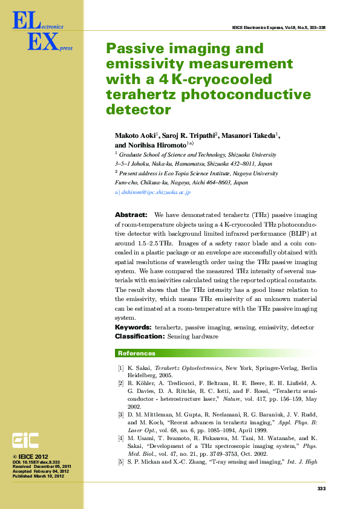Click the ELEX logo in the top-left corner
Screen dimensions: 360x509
click(37, 33)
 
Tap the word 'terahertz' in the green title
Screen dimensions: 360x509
click(134, 94)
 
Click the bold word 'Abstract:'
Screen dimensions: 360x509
click(131, 215)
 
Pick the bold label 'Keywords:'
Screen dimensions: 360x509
click(133, 327)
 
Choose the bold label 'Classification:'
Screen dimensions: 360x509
click(140, 336)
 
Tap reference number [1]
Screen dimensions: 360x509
click(121, 368)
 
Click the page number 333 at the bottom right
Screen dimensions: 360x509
click(321, 488)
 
